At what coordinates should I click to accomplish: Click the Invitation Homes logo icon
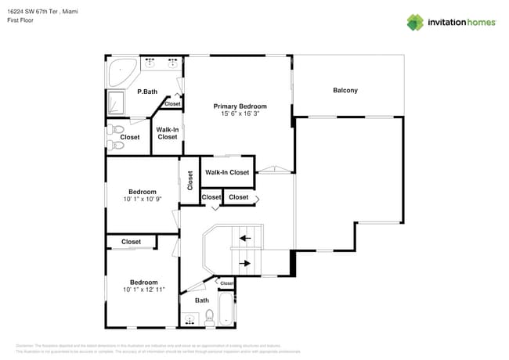414,22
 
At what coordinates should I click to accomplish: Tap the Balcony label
345,91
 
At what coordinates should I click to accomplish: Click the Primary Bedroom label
240,106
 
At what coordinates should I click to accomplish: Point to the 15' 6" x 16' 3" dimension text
240,114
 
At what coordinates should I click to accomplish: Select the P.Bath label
147,92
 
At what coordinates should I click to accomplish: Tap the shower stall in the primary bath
116,103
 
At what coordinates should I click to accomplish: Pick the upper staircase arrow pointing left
245,238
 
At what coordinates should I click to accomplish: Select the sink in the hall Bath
189,320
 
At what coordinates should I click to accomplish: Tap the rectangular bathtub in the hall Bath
226,310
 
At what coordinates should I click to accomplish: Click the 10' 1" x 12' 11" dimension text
143,290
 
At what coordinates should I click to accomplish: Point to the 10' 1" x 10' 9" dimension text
143,199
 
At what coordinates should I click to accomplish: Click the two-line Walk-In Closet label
167,133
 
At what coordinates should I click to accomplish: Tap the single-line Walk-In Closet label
227,172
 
